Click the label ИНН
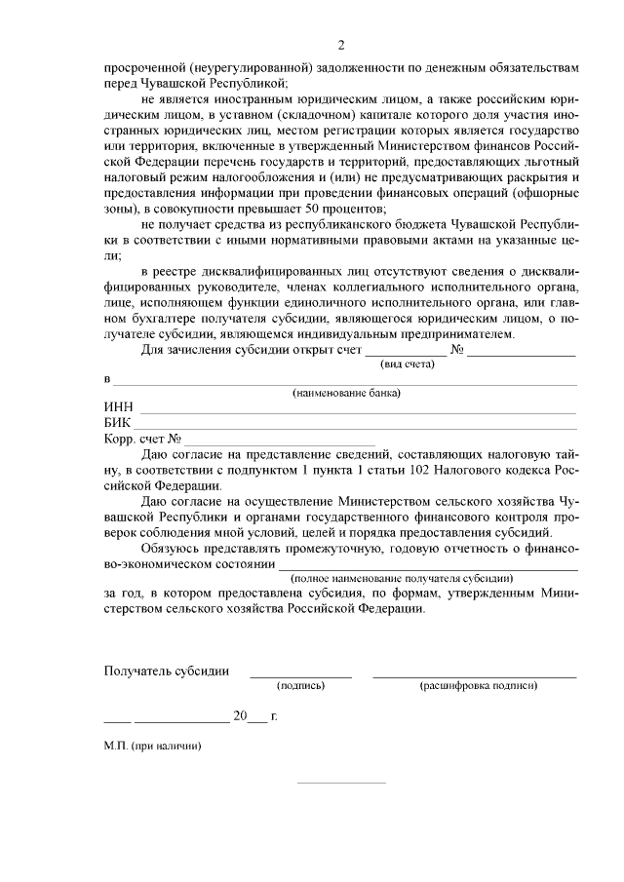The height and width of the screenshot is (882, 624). (118, 407)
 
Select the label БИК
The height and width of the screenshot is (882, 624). (118, 423)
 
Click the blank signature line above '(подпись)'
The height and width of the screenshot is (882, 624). (300, 675)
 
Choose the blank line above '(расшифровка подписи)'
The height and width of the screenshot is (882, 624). (474, 675)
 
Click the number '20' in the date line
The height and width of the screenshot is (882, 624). (239, 715)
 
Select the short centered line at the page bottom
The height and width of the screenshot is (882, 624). (340, 782)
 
